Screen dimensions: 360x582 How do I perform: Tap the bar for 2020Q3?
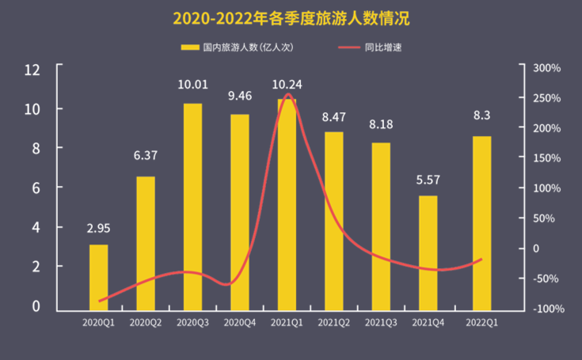pos(192,206)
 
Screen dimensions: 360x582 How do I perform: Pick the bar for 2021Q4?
pos(428,252)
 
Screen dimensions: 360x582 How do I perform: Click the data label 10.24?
pos(287,85)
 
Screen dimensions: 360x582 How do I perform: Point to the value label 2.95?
pos(99,229)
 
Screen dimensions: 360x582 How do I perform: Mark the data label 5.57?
pos(428,180)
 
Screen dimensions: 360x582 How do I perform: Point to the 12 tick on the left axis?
pos(32,69)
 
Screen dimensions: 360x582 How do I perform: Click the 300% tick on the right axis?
pos(546,69)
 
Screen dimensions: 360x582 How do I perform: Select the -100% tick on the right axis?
pos(547,309)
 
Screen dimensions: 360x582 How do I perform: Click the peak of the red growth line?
pos(287,95)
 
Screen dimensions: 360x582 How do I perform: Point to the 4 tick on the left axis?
pos(36,228)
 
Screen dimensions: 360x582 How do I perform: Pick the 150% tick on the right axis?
pos(546,159)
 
